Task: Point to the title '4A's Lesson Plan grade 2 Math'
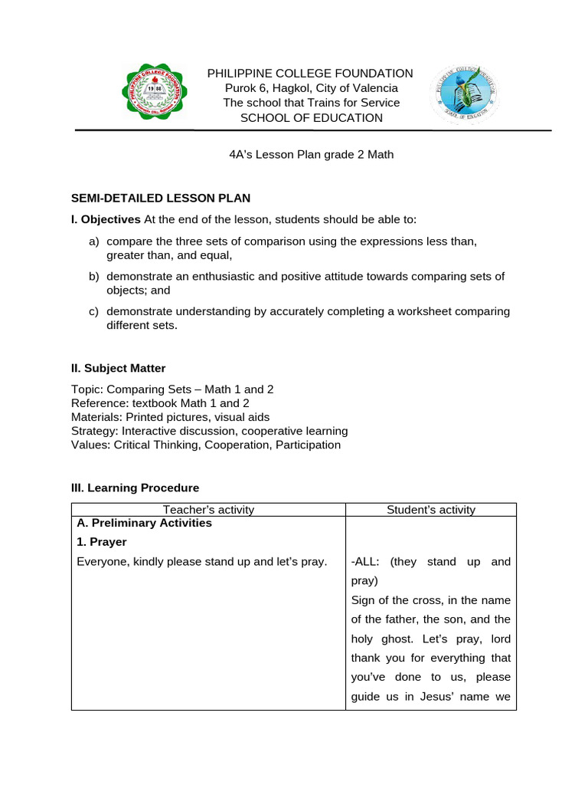(x=311, y=154)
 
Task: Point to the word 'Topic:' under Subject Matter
(x=87, y=389)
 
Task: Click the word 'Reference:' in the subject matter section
(x=99, y=403)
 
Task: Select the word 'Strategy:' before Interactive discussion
(x=95, y=431)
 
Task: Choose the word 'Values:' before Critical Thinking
(x=90, y=445)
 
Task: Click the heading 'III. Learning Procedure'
(x=135, y=488)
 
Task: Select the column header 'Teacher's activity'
(x=208, y=510)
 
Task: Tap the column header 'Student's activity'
(x=431, y=510)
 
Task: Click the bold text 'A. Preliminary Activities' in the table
(x=145, y=524)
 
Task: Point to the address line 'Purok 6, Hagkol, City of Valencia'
(x=310, y=88)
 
